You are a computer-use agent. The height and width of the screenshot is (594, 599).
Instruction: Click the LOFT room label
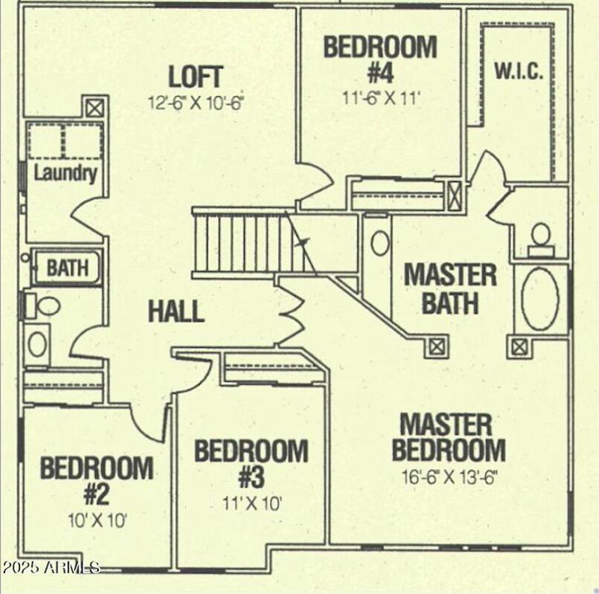coord(195,76)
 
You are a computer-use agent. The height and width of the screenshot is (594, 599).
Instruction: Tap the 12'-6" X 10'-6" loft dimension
coord(196,102)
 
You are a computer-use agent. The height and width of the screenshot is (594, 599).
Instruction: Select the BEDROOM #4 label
coord(380,58)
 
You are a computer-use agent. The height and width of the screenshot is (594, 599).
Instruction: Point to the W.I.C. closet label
coord(518,72)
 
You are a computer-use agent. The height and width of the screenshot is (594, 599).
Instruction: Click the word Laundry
coord(66,174)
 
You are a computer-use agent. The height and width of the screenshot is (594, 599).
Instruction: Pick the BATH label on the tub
coord(67,267)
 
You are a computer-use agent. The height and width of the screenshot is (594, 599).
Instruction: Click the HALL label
coord(176,311)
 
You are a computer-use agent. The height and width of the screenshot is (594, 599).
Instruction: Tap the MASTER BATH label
coord(450,288)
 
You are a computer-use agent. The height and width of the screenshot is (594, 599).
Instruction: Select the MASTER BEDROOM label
coord(449,437)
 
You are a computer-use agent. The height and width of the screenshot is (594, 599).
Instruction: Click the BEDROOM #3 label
coord(251,463)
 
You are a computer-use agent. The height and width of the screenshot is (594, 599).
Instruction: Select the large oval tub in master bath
coord(540,299)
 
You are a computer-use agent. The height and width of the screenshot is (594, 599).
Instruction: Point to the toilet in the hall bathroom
coord(46,306)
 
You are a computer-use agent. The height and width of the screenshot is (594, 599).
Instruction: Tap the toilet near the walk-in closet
coord(540,234)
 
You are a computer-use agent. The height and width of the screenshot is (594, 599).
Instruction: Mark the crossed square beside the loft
coord(94,108)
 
